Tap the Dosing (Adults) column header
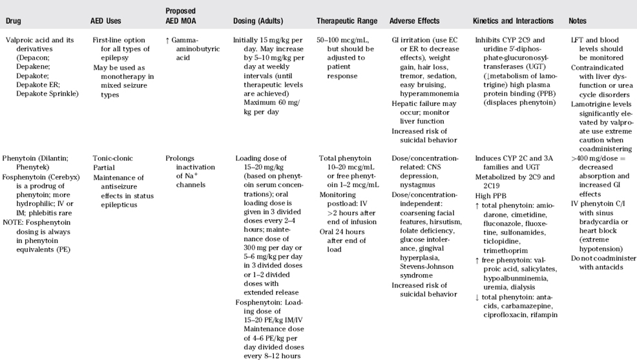tap(262, 21)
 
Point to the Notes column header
tap(578, 21)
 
